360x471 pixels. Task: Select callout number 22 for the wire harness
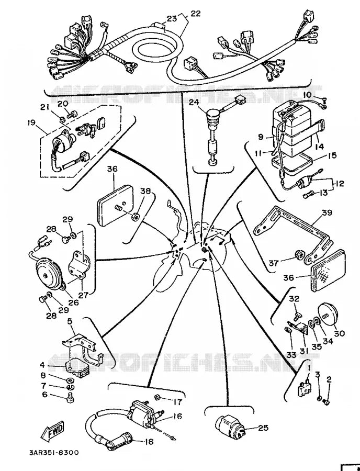coord(195,14)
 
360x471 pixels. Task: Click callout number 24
coord(195,103)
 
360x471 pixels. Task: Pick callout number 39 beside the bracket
coord(327,213)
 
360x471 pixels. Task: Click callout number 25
coord(262,428)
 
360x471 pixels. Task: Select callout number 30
coord(340,333)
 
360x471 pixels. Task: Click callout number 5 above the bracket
coord(70,321)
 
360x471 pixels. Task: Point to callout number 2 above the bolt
coord(329,379)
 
